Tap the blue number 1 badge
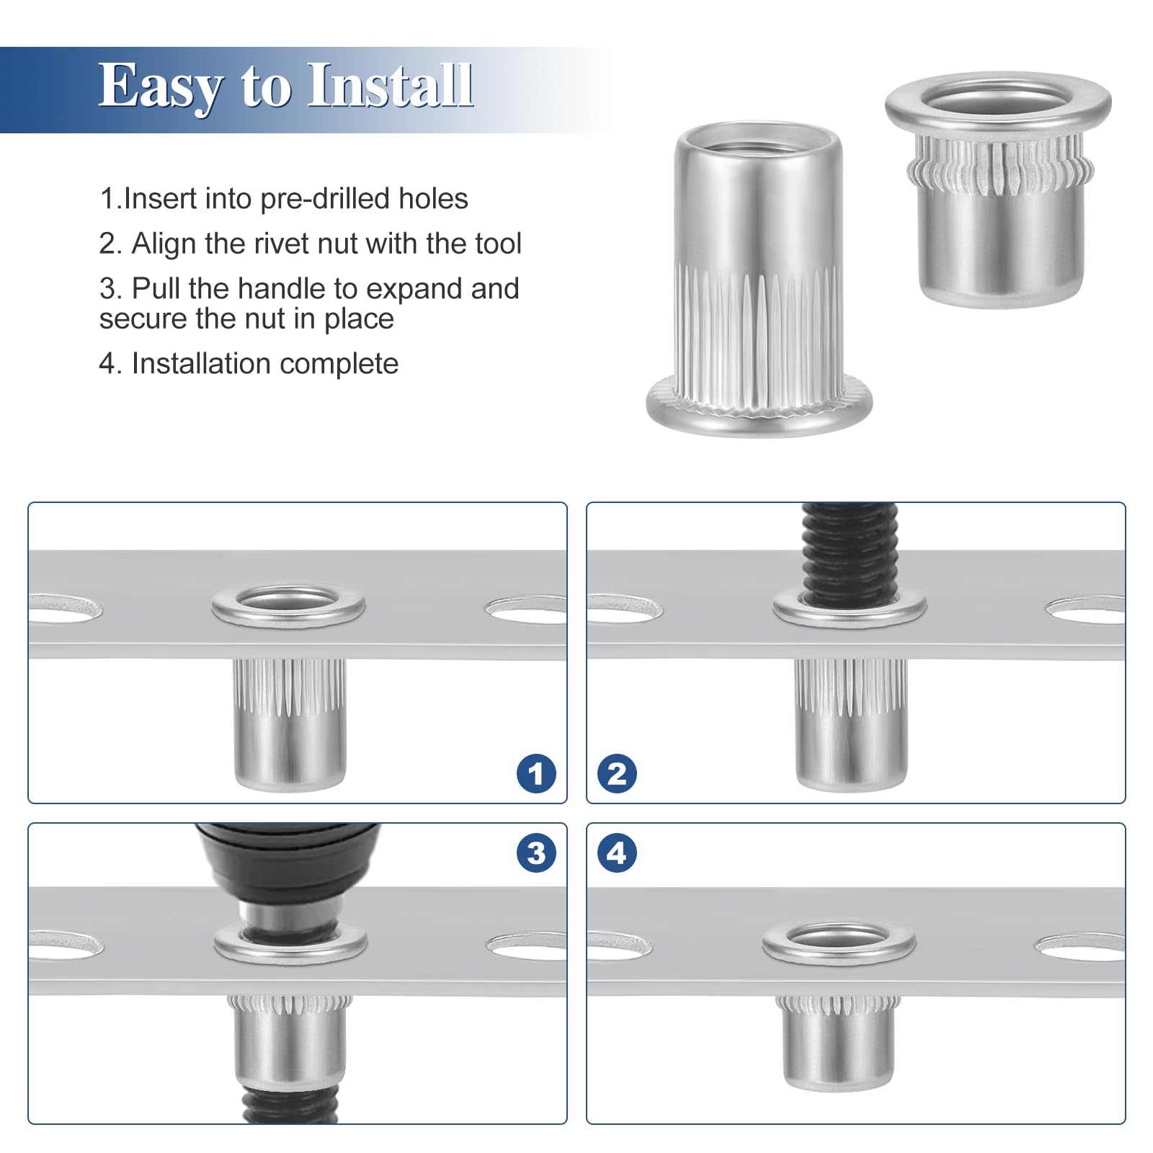pos(536,774)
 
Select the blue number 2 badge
pos(617,774)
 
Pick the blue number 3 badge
pos(536,852)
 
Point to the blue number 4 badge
pos(617,852)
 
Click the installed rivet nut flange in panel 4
pos(839,942)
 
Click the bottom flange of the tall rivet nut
pos(759,407)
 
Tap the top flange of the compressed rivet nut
pos(998,104)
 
